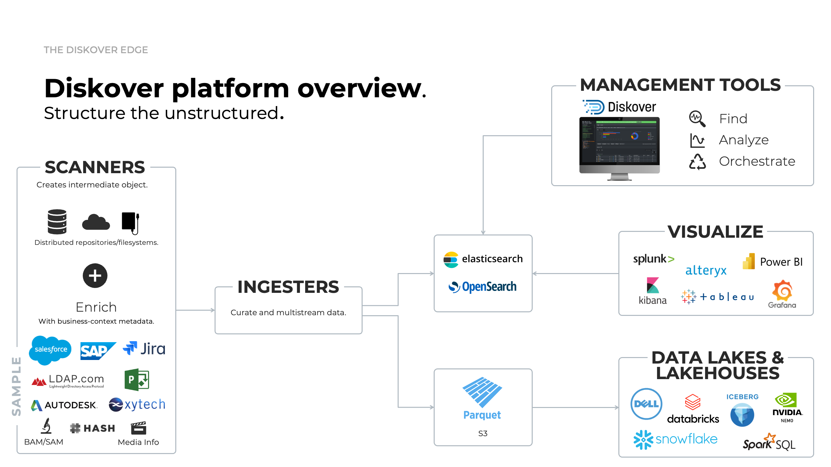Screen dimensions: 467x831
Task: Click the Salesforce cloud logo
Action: click(x=50, y=350)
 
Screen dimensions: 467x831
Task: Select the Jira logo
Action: click(x=144, y=349)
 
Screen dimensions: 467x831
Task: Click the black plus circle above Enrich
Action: click(x=95, y=276)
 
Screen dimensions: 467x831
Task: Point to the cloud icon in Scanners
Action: click(x=96, y=222)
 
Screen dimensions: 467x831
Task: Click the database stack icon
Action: click(x=57, y=222)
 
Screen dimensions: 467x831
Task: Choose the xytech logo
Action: click(x=137, y=404)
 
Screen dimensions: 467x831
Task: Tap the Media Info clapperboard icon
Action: click(x=139, y=428)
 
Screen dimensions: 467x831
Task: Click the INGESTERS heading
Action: click(x=288, y=287)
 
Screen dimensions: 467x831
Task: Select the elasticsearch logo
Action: click(x=483, y=259)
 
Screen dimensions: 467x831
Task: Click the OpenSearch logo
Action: click(x=482, y=287)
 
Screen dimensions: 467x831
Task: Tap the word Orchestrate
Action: click(x=757, y=161)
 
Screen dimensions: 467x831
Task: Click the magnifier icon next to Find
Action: click(x=697, y=119)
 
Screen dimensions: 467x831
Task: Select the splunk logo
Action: click(x=653, y=259)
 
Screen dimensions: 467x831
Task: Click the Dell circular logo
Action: click(x=646, y=404)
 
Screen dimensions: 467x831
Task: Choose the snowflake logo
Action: click(x=675, y=439)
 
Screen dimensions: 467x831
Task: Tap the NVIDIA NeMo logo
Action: click(x=787, y=407)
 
